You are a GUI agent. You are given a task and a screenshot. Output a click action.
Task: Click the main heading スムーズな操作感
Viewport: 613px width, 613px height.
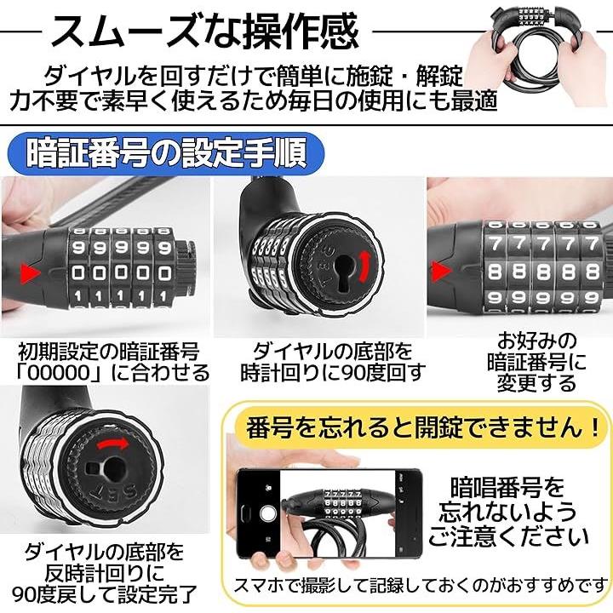click(205, 31)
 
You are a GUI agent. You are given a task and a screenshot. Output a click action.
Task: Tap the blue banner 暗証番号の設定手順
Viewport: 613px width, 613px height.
click(167, 153)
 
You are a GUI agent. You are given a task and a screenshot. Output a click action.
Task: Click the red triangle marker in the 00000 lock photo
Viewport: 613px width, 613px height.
click(30, 272)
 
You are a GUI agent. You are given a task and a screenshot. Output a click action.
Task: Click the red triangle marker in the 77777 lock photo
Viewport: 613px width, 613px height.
click(441, 271)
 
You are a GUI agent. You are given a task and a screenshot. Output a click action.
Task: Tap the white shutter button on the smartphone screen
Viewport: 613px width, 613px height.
click(268, 513)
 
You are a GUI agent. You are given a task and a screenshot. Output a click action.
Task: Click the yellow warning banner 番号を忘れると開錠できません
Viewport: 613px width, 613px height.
click(420, 427)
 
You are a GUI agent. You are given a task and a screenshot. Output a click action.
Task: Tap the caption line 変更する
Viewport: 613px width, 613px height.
click(536, 383)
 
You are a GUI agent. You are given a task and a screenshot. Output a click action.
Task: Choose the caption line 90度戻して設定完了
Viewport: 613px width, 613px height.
click(105, 594)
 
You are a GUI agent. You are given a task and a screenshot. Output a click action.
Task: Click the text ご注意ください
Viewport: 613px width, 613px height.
click(508, 536)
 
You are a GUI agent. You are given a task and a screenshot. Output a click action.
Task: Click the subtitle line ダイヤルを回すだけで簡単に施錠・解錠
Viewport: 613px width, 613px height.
click(254, 76)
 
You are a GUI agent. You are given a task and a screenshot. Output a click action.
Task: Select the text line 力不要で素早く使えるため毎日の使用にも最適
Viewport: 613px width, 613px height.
click(254, 100)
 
